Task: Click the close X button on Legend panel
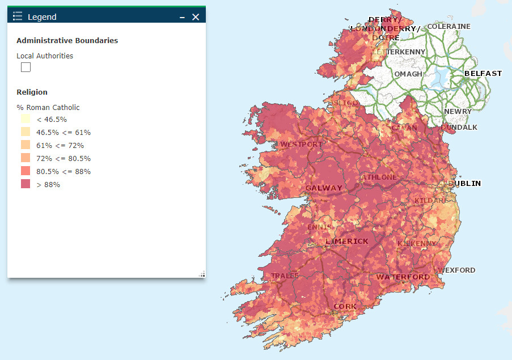click(x=196, y=17)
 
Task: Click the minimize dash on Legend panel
click(x=182, y=17)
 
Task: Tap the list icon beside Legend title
click(x=18, y=17)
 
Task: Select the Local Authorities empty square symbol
click(x=26, y=67)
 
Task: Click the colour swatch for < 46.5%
click(x=26, y=119)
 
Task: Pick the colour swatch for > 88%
click(x=26, y=184)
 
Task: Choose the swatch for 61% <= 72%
click(x=26, y=145)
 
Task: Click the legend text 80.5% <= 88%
click(x=64, y=171)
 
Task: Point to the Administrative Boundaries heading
click(x=67, y=40)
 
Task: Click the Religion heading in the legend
click(x=32, y=92)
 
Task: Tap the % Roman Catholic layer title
click(x=48, y=107)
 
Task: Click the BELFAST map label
click(x=483, y=74)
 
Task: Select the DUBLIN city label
click(x=464, y=183)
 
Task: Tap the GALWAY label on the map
click(x=324, y=188)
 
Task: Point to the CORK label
click(x=345, y=306)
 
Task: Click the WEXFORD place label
click(x=456, y=270)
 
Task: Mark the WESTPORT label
click(x=302, y=144)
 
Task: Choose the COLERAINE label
click(x=448, y=27)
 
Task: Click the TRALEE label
click(x=285, y=276)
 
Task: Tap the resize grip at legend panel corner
click(x=202, y=274)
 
